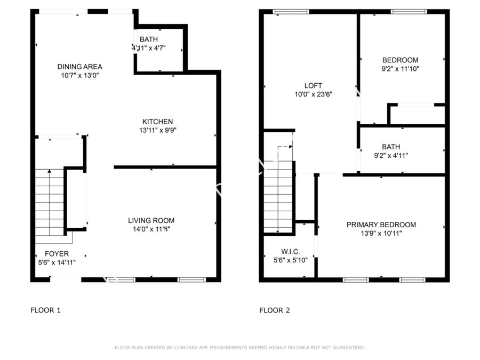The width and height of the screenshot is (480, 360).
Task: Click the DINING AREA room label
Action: point(80,67)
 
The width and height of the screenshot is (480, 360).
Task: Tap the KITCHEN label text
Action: point(158,122)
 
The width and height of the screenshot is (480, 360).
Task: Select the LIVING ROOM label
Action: point(151,220)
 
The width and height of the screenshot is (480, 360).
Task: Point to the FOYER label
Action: point(57,254)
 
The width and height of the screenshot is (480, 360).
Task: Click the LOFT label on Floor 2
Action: point(313,86)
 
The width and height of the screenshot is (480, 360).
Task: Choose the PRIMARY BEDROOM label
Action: point(381,225)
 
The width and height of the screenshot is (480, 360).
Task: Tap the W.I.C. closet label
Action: point(291,252)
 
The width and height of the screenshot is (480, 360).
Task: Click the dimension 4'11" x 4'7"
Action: point(149,48)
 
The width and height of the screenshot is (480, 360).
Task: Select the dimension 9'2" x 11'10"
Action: point(401,69)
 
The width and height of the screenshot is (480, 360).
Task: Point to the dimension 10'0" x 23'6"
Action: point(314,94)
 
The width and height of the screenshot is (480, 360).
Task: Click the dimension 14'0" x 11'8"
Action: point(151,229)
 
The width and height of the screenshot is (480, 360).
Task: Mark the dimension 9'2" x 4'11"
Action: point(391,156)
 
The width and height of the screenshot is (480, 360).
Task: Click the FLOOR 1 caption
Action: point(46,310)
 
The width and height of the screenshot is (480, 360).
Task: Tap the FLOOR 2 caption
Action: point(275,310)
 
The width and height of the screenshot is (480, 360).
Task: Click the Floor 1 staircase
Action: point(50,202)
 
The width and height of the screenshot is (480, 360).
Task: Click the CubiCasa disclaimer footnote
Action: point(240,347)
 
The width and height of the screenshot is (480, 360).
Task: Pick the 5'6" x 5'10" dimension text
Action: point(291,260)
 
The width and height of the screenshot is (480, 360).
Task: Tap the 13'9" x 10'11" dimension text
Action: point(381,233)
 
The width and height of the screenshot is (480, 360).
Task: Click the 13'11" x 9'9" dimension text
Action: point(158,130)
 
